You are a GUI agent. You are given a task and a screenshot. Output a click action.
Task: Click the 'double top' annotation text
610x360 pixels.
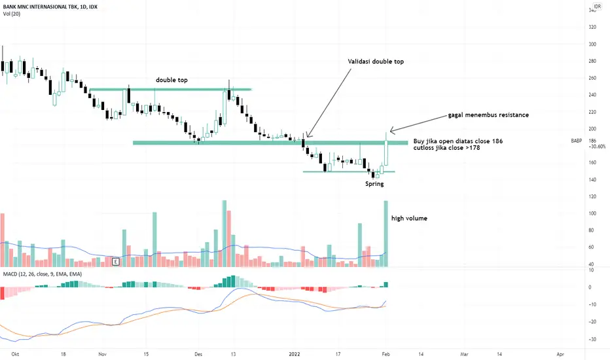point(171,80)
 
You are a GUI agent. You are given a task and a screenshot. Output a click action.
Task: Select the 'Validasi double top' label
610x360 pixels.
point(376,62)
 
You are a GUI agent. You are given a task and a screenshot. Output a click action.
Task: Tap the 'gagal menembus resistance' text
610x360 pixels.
point(488,115)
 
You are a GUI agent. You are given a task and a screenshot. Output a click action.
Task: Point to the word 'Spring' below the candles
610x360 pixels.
point(374,184)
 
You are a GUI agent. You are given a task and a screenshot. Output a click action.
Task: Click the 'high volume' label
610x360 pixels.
point(409,219)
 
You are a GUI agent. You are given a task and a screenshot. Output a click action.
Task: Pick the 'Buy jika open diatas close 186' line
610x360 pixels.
point(458,141)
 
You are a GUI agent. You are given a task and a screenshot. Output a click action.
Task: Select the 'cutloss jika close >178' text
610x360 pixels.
point(446,148)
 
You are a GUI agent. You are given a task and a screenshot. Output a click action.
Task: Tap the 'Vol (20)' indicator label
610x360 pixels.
point(12,14)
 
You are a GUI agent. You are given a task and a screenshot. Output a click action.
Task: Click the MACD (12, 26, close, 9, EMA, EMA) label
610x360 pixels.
point(43,274)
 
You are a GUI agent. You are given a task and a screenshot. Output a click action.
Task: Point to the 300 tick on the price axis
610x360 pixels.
point(592,45)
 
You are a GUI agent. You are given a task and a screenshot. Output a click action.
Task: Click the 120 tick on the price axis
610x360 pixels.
point(592,196)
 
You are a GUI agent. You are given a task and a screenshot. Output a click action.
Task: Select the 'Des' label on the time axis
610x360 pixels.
point(198,354)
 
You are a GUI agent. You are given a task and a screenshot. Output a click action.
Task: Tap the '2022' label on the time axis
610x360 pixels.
point(295,354)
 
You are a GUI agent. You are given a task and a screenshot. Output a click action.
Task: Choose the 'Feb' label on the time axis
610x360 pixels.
point(386,354)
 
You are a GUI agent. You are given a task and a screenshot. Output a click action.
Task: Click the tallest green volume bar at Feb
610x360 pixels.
point(386,234)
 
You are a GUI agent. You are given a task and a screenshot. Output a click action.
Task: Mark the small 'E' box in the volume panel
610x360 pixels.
point(116,262)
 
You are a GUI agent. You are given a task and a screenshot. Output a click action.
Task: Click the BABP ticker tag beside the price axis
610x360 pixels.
point(577,141)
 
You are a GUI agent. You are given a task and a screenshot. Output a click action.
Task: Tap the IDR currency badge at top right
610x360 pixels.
point(597,7)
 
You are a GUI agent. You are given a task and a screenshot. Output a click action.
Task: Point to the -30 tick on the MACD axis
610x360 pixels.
point(592,339)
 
